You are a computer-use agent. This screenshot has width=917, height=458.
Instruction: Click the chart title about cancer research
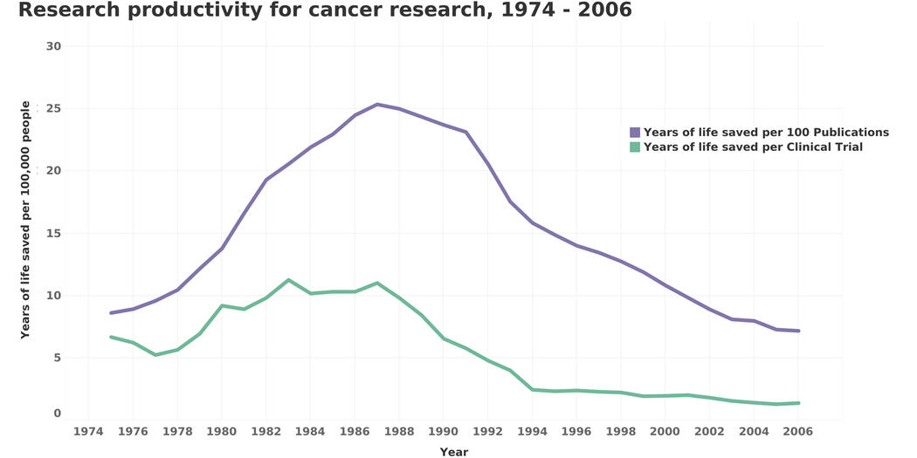click(325, 10)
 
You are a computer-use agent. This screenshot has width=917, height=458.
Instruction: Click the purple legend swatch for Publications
click(635, 133)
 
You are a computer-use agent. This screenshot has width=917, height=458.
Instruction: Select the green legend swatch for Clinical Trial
click(635, 147)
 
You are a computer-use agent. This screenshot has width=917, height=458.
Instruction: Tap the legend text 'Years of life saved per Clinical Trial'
click(753, 147)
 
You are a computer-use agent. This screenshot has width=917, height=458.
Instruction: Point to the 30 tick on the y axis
click(54, 46)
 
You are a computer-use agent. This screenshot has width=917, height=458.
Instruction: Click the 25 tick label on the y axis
click(54, 108)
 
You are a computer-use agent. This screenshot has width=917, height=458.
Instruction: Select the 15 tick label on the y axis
click(54, 233)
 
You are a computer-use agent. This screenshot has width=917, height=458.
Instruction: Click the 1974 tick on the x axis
click(88, 431)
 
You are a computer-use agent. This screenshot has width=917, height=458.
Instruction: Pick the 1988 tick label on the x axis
click(399, 431)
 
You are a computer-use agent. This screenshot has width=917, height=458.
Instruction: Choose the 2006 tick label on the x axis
click(797, 431)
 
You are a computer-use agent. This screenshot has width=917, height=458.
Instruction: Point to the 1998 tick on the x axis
click(620, 431)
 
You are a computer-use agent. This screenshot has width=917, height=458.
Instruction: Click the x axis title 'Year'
click(454, 452)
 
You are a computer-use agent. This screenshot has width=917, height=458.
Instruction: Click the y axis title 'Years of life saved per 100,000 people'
click(25, 220)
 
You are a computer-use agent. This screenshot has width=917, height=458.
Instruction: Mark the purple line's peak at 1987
click(377, 105)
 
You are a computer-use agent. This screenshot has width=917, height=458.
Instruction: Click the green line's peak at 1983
click(288, 280)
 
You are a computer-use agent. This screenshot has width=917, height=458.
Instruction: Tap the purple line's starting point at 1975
click(111, 312)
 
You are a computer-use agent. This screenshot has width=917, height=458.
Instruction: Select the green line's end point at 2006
click(797, 403)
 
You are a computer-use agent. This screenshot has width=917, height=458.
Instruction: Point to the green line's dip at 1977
click(155, 355)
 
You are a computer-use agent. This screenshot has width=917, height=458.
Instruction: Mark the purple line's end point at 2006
click(797, 331)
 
